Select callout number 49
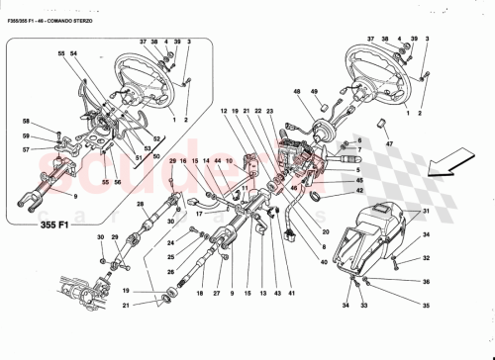[317, 94]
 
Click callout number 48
[296, 94]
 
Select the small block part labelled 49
[320, 108]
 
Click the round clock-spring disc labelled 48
[326, 129]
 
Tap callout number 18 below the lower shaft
[199, 295]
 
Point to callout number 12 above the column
[225, 111]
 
